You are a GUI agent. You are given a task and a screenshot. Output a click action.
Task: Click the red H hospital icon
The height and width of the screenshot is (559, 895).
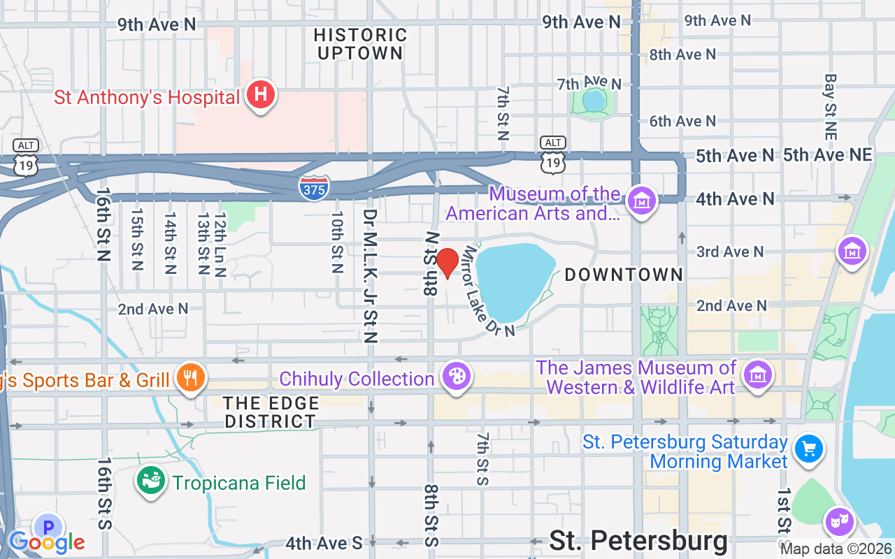coord(260,94)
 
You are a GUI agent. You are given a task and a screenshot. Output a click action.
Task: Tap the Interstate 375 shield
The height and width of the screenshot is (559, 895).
coord(314,187)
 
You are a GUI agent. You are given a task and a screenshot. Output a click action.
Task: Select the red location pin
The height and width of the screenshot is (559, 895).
coord(447,262)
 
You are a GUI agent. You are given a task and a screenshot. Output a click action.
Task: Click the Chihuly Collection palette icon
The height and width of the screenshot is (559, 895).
coord(456,377)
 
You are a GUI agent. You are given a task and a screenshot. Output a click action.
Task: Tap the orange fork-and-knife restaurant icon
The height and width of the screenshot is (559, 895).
coord(190,378)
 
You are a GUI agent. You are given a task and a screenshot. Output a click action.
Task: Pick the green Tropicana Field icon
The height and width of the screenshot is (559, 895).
coord(150,481)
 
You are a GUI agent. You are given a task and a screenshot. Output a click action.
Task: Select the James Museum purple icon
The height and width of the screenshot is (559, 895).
coord(758,375)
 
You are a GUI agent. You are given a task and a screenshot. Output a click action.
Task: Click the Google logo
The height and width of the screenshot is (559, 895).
coord(47,542)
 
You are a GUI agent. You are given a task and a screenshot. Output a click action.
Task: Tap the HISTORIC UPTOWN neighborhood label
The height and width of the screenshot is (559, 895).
coord(361,43)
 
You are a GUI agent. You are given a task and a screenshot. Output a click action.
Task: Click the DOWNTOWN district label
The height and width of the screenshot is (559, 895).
coord(624,275)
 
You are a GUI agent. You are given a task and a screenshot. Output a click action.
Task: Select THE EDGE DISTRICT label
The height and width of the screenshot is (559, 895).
coord(271,412)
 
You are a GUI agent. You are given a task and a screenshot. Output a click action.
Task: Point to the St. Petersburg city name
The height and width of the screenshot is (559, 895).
coord(638,541)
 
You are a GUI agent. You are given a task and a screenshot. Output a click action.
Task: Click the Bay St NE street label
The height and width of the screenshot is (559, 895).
coord(831,106)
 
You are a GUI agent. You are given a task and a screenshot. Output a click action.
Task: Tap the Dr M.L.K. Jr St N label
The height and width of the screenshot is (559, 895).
coord(371,276)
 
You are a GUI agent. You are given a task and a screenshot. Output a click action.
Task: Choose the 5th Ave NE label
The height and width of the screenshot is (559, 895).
coord(828,155)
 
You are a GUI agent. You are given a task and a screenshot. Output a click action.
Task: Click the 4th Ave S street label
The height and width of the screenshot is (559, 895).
coord(324,543)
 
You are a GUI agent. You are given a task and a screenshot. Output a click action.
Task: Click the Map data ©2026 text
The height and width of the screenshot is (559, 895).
coord(836,549)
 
